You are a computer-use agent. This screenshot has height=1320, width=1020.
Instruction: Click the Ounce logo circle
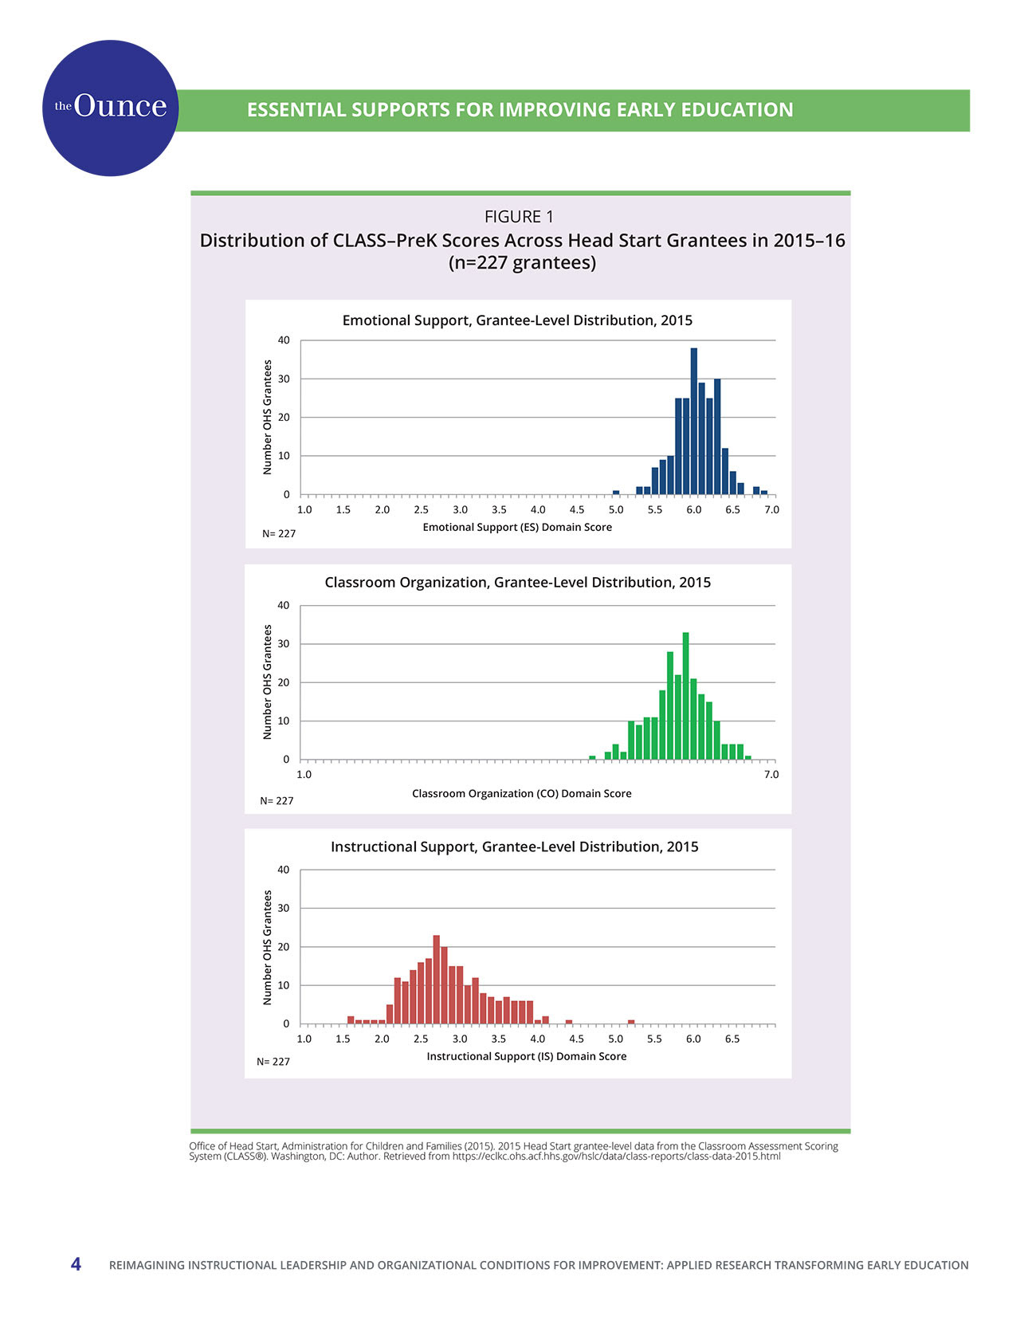(x=110, y=108)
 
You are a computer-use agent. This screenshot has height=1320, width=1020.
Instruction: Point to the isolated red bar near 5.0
(x=631, y=1022)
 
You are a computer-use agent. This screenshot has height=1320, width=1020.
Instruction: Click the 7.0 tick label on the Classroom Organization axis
(x=771, y=774)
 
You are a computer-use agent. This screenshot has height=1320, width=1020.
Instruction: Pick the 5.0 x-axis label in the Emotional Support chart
(x=616, y=509)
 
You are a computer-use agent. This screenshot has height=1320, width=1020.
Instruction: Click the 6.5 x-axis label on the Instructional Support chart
(x=732, y=1039)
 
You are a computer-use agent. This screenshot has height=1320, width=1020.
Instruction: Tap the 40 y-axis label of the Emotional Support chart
(x=284, y=340)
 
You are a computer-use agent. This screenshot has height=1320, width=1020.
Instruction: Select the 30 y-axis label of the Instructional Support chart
(x=284, y=908)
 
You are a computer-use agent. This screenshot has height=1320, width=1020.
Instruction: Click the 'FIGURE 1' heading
(x=519, y=217)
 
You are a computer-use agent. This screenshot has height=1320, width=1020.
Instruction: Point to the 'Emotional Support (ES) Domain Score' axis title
(x=517, y=527)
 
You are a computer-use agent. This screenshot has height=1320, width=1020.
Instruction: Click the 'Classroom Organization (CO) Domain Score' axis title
(x=521, y=793)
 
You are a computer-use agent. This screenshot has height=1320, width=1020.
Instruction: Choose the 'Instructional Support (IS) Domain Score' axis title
(x=526, y=1056)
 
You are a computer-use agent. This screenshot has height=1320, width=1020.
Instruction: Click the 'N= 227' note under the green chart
(x=277, y=800)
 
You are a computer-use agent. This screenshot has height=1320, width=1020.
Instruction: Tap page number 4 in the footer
(x=76, y=1263)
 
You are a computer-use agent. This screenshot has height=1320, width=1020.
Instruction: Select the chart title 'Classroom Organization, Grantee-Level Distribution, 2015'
(x=517, y=582)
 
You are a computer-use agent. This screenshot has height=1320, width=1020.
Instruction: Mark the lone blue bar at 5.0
(x=616, y=493)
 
